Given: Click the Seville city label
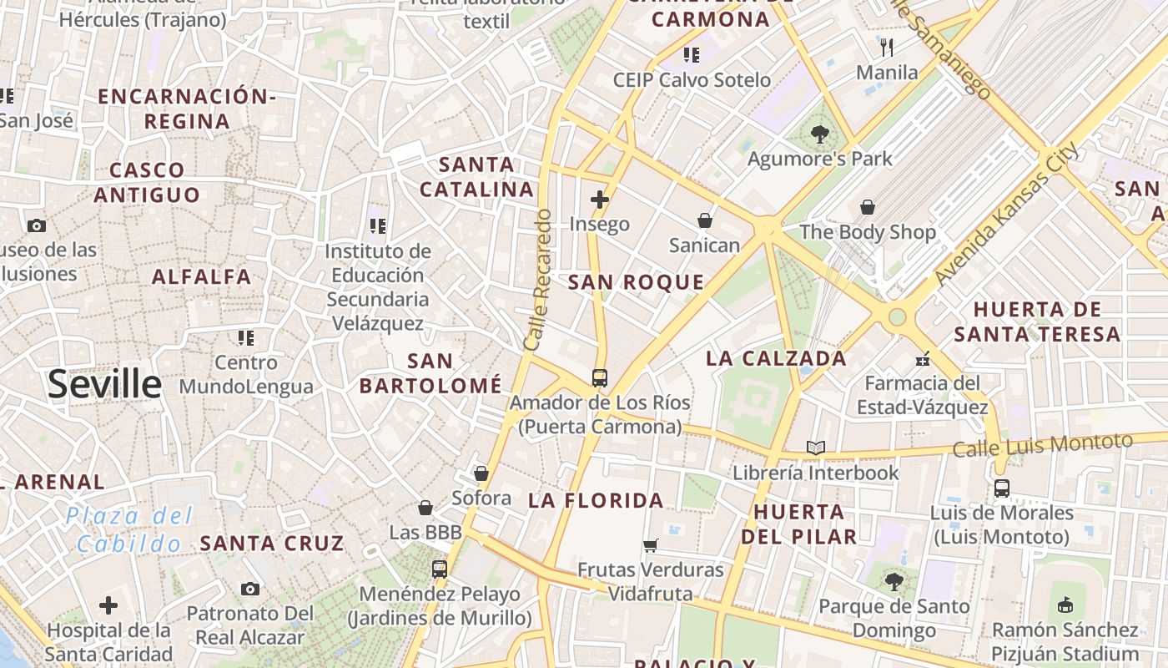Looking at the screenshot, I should pyautogui.click(x=104, y=384).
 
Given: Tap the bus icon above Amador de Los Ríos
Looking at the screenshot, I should pyautogui.click(x=599, y=377).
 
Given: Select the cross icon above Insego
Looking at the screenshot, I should pyautogui.click(x=599, y=200).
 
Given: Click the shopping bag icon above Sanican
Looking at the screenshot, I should pyautogui.click(x=705, y=220).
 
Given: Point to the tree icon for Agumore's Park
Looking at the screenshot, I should pyautogui.click(x=820, y=134).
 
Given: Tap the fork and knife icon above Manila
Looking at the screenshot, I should pyautogui.click(x=887, y=48).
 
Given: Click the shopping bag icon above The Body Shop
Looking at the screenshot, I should pyautogui.click(x=868, y=207).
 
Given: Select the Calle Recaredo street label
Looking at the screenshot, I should pyautogui.click(x=538, y=280).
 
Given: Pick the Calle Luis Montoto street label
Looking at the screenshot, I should pyautogui.click(x=1043, y=445).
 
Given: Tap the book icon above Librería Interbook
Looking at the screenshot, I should pyautogui.click(x=815, y=448).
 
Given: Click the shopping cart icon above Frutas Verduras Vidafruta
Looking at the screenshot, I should pyautogui.click(x=650, y=546).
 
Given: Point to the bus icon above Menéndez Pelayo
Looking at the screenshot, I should pyautogui.click(x=440, y=569).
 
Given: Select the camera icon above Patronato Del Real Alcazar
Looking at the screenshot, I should pyautogui.click(x=249, y=590).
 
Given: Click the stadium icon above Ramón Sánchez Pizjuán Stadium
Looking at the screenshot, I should pyautogui.click(x=1065, y=605).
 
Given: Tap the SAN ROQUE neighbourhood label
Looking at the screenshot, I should pyautogui.click(x=636, y=282).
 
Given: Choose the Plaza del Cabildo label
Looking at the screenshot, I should pyautogui.click(x=129, y=529).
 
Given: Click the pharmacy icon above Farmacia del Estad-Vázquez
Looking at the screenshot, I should pyautogui.click(x=922, y=359).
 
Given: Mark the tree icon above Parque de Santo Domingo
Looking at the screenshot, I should pyautogui.click(x=894, y=581).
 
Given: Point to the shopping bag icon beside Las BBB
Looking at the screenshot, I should pyautogui.click(x=425, y=508).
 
